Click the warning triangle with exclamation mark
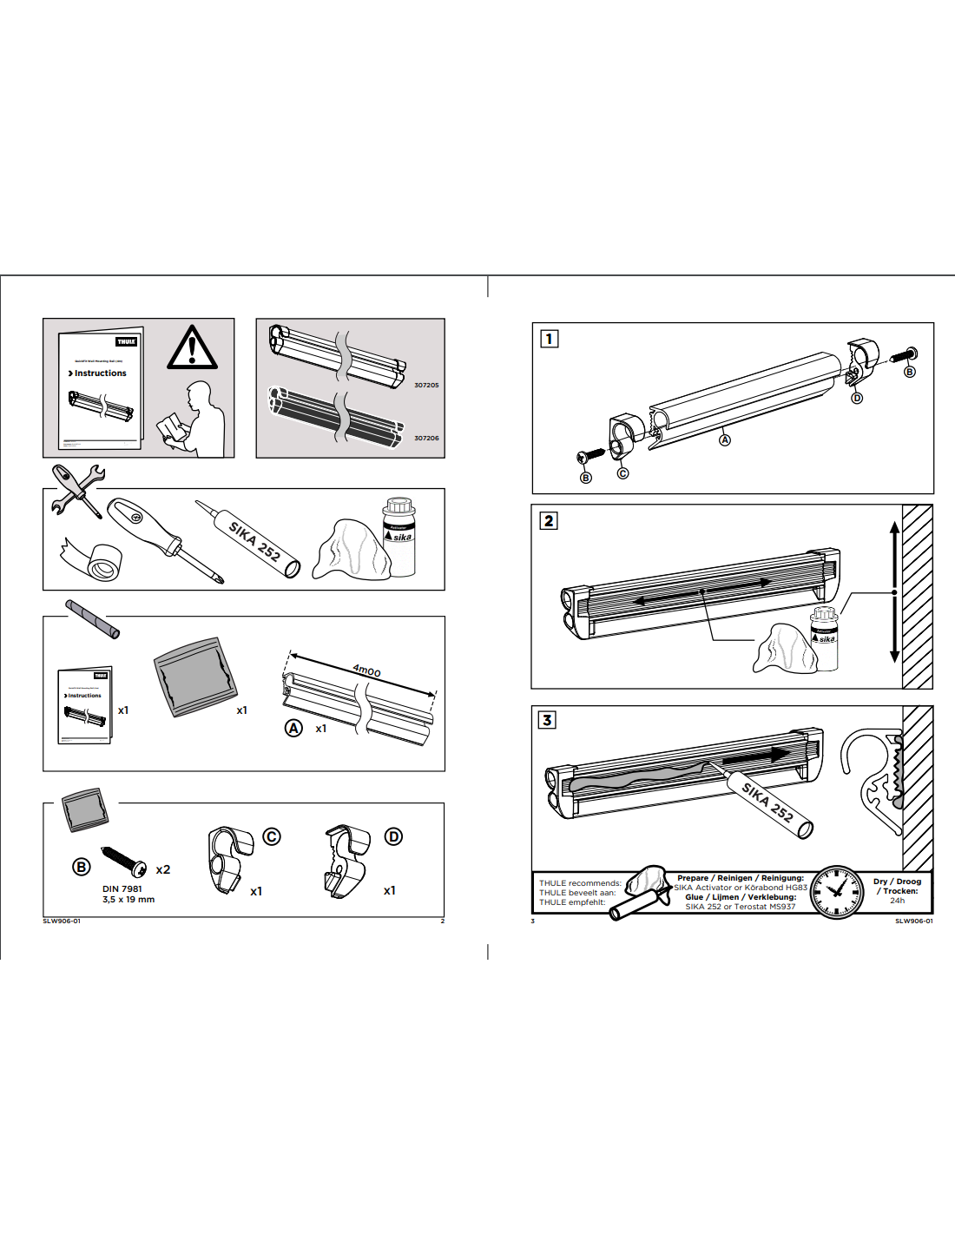[192, 347]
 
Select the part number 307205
[426, 385]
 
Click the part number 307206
[426, 438]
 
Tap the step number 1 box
[549, 339]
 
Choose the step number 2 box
[548, 521]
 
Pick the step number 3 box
[547, 720]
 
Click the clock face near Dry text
[837, 892]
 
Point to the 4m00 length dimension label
[366, 670]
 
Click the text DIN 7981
[122, 888]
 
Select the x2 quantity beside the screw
[163, 869]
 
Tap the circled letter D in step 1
[857, 398]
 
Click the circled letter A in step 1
[725, 440]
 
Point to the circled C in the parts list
[272, 836]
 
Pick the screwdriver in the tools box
[165, 538]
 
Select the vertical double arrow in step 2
[894, 592]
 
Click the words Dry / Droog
[897, 881]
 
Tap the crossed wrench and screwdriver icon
[78, 490]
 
